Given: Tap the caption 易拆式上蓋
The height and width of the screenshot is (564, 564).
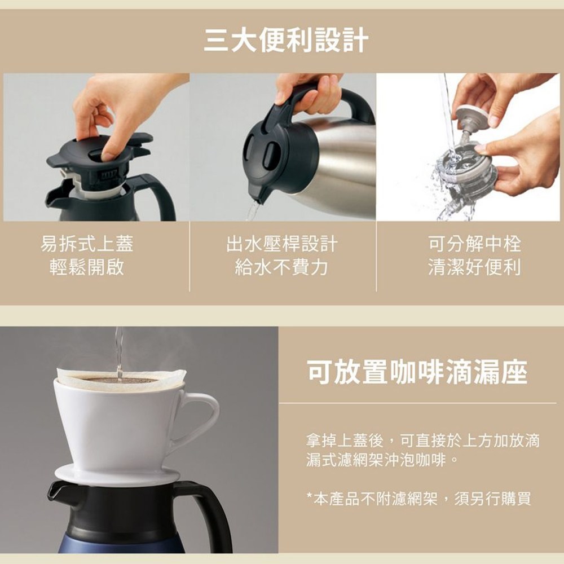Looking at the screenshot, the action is pyautogui.click(x=87, y=244).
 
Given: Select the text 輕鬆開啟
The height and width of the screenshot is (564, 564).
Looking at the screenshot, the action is pyautogui.click(x=87, y=267).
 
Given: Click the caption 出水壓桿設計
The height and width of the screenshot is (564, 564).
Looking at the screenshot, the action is pyautogui.click(x=282, y=244).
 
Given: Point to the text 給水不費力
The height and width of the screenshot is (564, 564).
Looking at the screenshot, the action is pyautogui.click(x=281, y=267).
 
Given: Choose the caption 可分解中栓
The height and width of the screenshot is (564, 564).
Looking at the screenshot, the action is pyautogui.click(x=475, y=244).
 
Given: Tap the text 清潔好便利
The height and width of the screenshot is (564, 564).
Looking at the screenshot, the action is pyautogui.click(x=475, y=267).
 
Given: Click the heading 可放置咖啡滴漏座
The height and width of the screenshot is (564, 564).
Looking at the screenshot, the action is pyautogui.click(x=417, y=372).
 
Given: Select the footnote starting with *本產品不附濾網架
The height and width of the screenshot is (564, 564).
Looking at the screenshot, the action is pyautogui.click(x=418, y=499).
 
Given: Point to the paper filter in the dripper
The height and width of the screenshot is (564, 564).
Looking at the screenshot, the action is pyautogui.click(x=122, y=380).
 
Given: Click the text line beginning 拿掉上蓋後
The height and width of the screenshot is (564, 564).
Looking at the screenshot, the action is pyautogui.click(x=423, y=440).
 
